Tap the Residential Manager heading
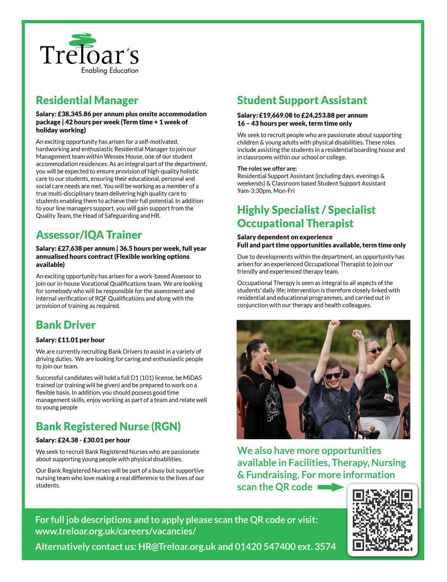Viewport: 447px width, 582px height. coord(87,100)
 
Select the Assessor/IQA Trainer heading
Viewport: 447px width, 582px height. coord(89,235)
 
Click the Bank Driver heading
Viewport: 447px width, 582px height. coord(65,325)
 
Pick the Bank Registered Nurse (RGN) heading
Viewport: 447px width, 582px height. coord(108,426)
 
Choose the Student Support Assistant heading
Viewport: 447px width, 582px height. coord(302,100)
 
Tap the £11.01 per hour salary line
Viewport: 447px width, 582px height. coord(70,340)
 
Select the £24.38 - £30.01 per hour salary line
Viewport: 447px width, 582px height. coord(83,440)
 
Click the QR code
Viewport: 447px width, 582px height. coord(382,520)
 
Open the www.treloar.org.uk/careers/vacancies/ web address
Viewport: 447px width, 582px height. coord(115,531)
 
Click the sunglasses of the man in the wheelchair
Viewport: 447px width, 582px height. coord(333,375)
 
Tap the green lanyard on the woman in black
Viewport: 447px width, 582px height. coord(385,378)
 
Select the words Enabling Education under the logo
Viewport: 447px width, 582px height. coord(110,70)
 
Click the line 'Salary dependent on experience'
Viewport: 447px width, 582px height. coord(284,237)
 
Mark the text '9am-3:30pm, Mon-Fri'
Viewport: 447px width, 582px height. coord(266,191)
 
